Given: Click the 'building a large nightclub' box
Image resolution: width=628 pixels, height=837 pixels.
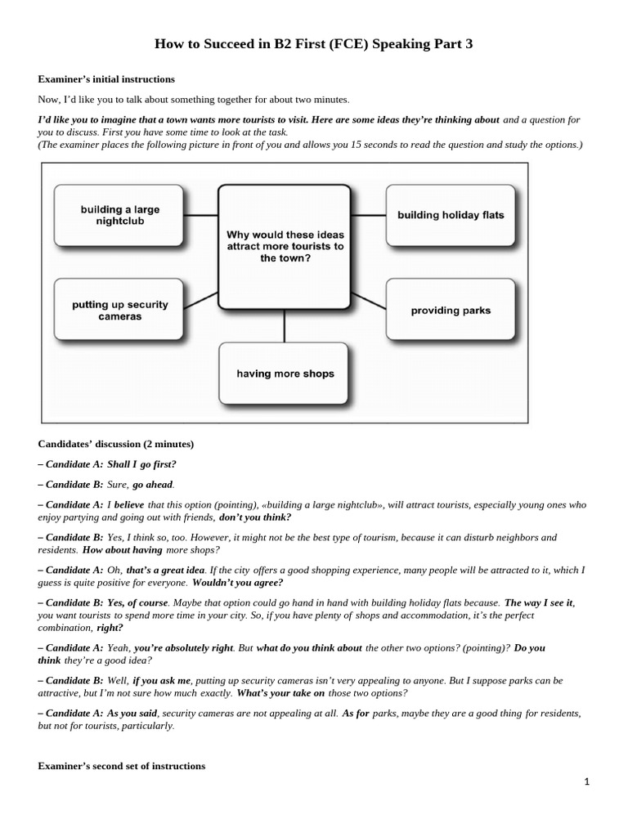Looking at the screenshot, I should [119, 215].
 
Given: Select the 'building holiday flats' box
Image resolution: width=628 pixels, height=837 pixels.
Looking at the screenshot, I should [451, 215].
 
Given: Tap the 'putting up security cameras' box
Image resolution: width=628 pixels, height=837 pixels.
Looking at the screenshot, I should [119, 310].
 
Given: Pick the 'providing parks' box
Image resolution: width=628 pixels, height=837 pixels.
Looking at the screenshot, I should [451, 311].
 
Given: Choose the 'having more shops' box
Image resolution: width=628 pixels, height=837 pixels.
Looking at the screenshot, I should [285, 374].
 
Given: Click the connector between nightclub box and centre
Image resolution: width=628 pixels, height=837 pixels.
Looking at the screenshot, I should [201, 215].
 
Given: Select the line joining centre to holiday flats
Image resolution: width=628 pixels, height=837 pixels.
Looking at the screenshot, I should [369, 215].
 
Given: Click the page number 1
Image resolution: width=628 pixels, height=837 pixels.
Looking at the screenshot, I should [586, 781].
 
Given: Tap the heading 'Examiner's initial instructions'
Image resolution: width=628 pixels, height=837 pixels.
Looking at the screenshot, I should [106, 79].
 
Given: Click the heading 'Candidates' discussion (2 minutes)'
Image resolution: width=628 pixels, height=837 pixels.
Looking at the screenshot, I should [116, 444].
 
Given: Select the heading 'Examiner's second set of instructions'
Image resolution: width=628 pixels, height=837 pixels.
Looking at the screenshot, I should [122, 766].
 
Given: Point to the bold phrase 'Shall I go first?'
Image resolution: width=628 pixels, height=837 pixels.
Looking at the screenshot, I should [141, 464].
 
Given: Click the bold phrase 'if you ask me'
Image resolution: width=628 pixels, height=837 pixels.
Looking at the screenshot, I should [161, 680].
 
